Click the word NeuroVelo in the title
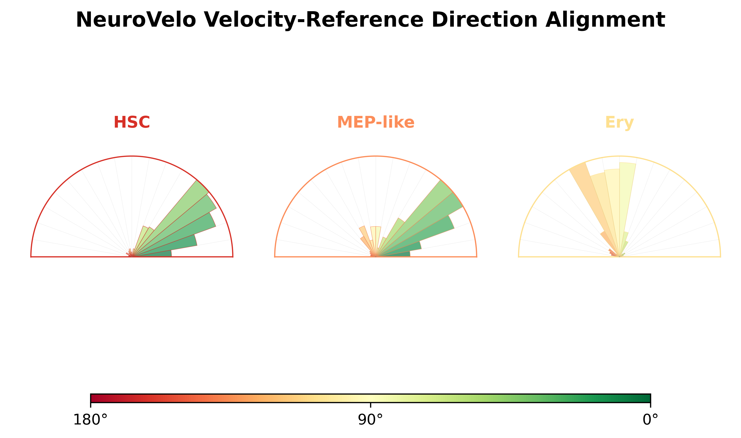(x=136, y=20)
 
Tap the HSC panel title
(x=132, y=122)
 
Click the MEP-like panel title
(x=376, y=122)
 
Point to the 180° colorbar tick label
(x=90, y=420)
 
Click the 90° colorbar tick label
(x=370, y=420)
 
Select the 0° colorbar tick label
(x=650, y=420)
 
